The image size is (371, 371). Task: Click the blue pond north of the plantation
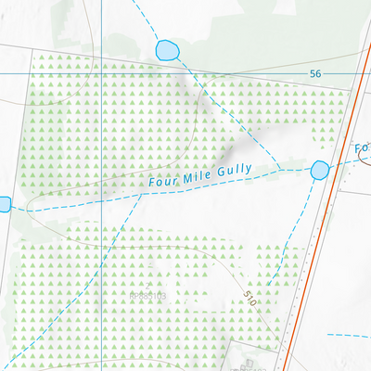tap(167, 49)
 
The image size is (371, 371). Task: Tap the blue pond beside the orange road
tap(320, 171)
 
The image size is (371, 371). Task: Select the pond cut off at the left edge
tap(3, 203)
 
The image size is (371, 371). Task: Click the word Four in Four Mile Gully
tap(162, 183)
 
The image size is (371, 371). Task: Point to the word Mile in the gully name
tap(192, 176)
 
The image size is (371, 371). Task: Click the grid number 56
tap(316, 74)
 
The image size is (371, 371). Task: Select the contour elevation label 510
tap(249, 300)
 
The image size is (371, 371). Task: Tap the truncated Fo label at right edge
tap(362, 148)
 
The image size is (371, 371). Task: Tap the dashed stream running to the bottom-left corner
tap(56, 315)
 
